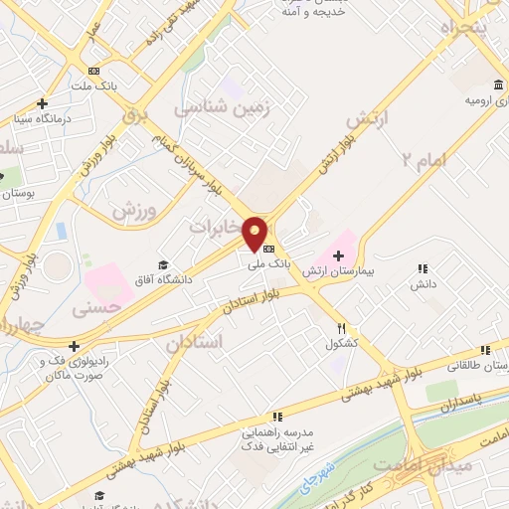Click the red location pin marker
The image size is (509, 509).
point(255,233)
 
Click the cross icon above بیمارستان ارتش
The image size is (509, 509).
point(339,257)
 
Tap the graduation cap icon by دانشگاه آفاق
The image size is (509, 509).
point(164,262)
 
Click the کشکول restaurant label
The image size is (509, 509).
point(341,344)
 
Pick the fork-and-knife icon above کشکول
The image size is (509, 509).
point(341,328)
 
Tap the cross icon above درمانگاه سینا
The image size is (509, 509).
point(42,103)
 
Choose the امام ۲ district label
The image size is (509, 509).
point(424,158)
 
